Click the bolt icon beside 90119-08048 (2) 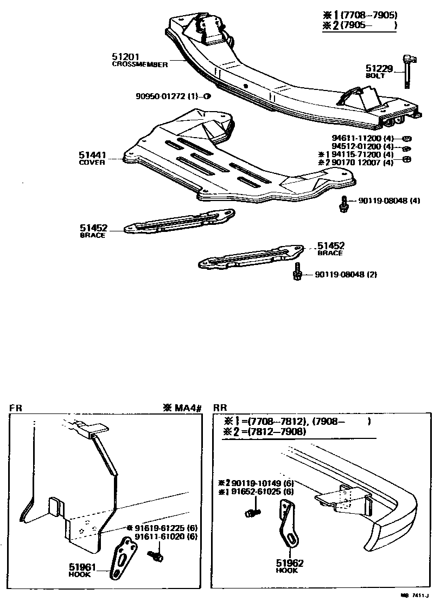click(297, 271)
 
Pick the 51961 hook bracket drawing click(122, 558)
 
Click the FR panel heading click(15, 408)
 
